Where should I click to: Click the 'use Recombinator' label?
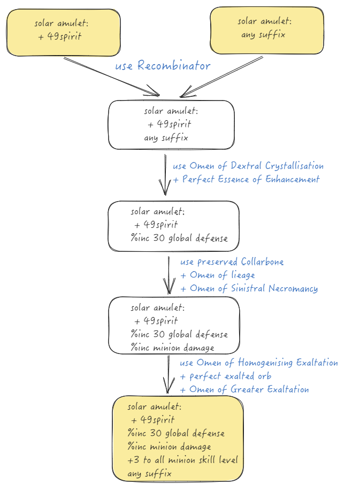pos(163,66)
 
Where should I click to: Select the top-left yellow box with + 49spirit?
pos(63,32)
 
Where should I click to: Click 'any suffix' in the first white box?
pos(166,137)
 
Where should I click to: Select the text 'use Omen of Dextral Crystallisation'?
pos(248,166)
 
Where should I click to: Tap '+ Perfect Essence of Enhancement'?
pos(246,179)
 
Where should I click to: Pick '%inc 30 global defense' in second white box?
pos(179,238)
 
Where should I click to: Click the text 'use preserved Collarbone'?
pos(232,261)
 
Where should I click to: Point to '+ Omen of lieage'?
pos(217,275)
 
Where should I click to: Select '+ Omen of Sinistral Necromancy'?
pos(249,288)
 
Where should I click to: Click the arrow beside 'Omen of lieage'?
pos(170,275)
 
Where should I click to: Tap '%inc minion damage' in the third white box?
pos(172,348)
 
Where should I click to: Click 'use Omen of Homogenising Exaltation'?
pos(259,363)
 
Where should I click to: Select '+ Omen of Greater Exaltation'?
pos(244,389)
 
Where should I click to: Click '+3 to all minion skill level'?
pos(182,460)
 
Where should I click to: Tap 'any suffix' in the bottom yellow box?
pos(149,474)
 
